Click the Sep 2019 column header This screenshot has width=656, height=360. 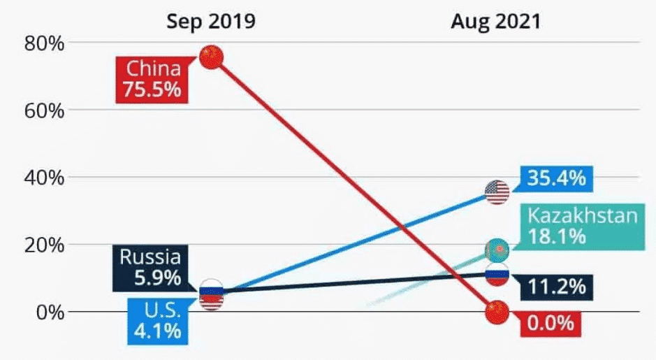click(210, 21)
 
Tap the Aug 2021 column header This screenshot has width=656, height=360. click(495, 21)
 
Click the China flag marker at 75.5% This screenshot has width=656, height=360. click(211, 57)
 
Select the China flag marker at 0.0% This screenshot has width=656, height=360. click(497, 312)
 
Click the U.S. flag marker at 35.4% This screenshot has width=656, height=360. click(497, 192)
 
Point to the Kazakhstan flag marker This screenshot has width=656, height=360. click(497, 249)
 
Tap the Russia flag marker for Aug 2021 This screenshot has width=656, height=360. click(497, 275)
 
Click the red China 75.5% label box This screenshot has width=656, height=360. click(153, 79)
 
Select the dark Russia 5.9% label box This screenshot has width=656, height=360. click(149, 268)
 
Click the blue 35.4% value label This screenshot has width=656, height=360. click(557, 179)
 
